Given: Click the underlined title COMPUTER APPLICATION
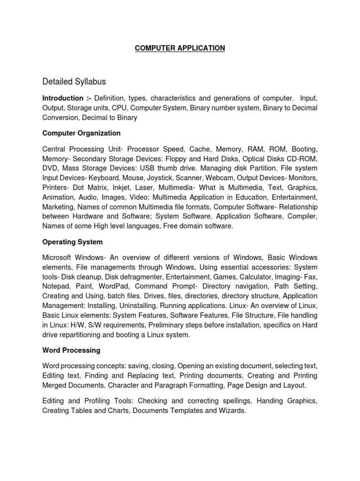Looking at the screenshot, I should click(180, 48).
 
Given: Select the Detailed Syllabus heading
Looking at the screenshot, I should click(74, 82).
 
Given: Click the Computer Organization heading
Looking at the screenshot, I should click(81, 133).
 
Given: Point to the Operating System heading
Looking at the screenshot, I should click(72, 242).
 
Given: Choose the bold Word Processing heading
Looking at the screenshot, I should click(71, 350).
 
